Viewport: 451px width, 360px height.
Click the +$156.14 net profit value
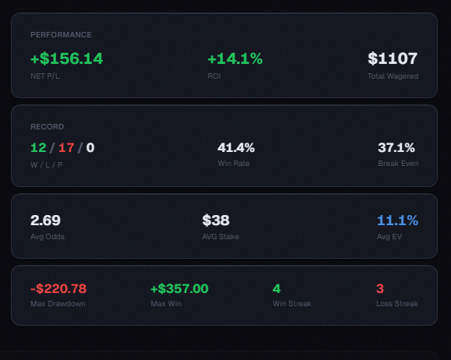66,58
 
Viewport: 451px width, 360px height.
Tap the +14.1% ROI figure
235,58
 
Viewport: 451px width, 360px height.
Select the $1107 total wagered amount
393,58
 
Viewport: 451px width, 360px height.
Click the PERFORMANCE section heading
61,35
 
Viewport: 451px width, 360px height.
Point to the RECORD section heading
48,127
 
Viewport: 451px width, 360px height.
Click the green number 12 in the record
38,148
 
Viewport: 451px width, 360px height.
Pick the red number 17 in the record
66,148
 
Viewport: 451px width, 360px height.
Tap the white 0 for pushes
90,148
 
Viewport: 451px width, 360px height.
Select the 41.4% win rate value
236,147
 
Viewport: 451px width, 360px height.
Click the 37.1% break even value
396,147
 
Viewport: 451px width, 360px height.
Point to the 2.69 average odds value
45,221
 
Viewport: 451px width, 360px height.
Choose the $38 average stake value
216,221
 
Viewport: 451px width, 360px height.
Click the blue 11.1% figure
397,221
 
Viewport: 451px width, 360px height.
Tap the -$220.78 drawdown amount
58,288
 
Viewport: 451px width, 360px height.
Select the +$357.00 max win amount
179,288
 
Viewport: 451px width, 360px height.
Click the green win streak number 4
277,288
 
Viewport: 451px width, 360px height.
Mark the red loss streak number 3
380,288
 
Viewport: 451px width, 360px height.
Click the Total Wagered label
393,76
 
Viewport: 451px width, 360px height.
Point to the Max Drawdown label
58,304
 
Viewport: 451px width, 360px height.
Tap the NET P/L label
45,76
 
